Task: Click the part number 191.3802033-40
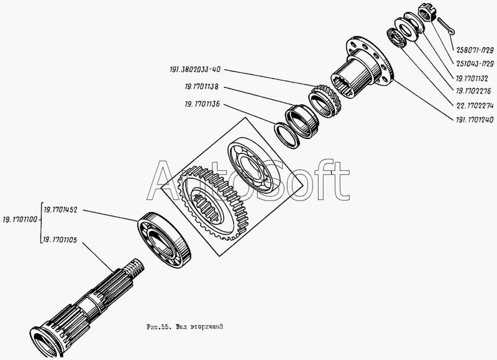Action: (x=195, y=70)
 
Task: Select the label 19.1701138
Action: (x=201, y=87)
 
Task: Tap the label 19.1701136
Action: (x=203, y=104)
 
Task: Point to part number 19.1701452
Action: (x=60, y=210)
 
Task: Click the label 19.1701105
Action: (x=60, y=240)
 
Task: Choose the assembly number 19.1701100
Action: (x=20, y=220)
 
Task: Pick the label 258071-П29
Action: (x=475, y=50)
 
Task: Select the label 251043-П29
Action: (x=475, y=64)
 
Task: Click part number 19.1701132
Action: (x=472, y=78)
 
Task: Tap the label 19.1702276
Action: (x=473, y=91)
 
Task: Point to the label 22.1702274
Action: (x=475, y=106)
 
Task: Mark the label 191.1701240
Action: (x=475, y=120)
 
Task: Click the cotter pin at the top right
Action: (x=446, y=26)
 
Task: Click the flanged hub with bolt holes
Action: (x=362, y=68)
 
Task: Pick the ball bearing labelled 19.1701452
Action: (x=164, y=240)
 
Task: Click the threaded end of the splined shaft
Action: (x=134, y=268)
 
